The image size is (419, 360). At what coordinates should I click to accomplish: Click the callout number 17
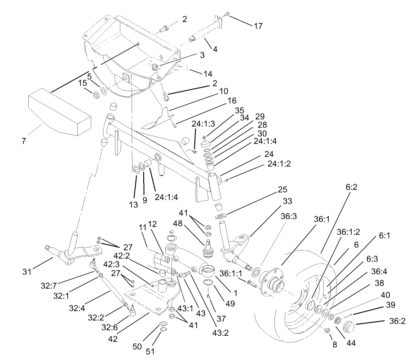[258, 26]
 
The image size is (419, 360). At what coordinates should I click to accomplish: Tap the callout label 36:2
[397, 321]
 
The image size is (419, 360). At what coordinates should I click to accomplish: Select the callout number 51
[149, 351]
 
